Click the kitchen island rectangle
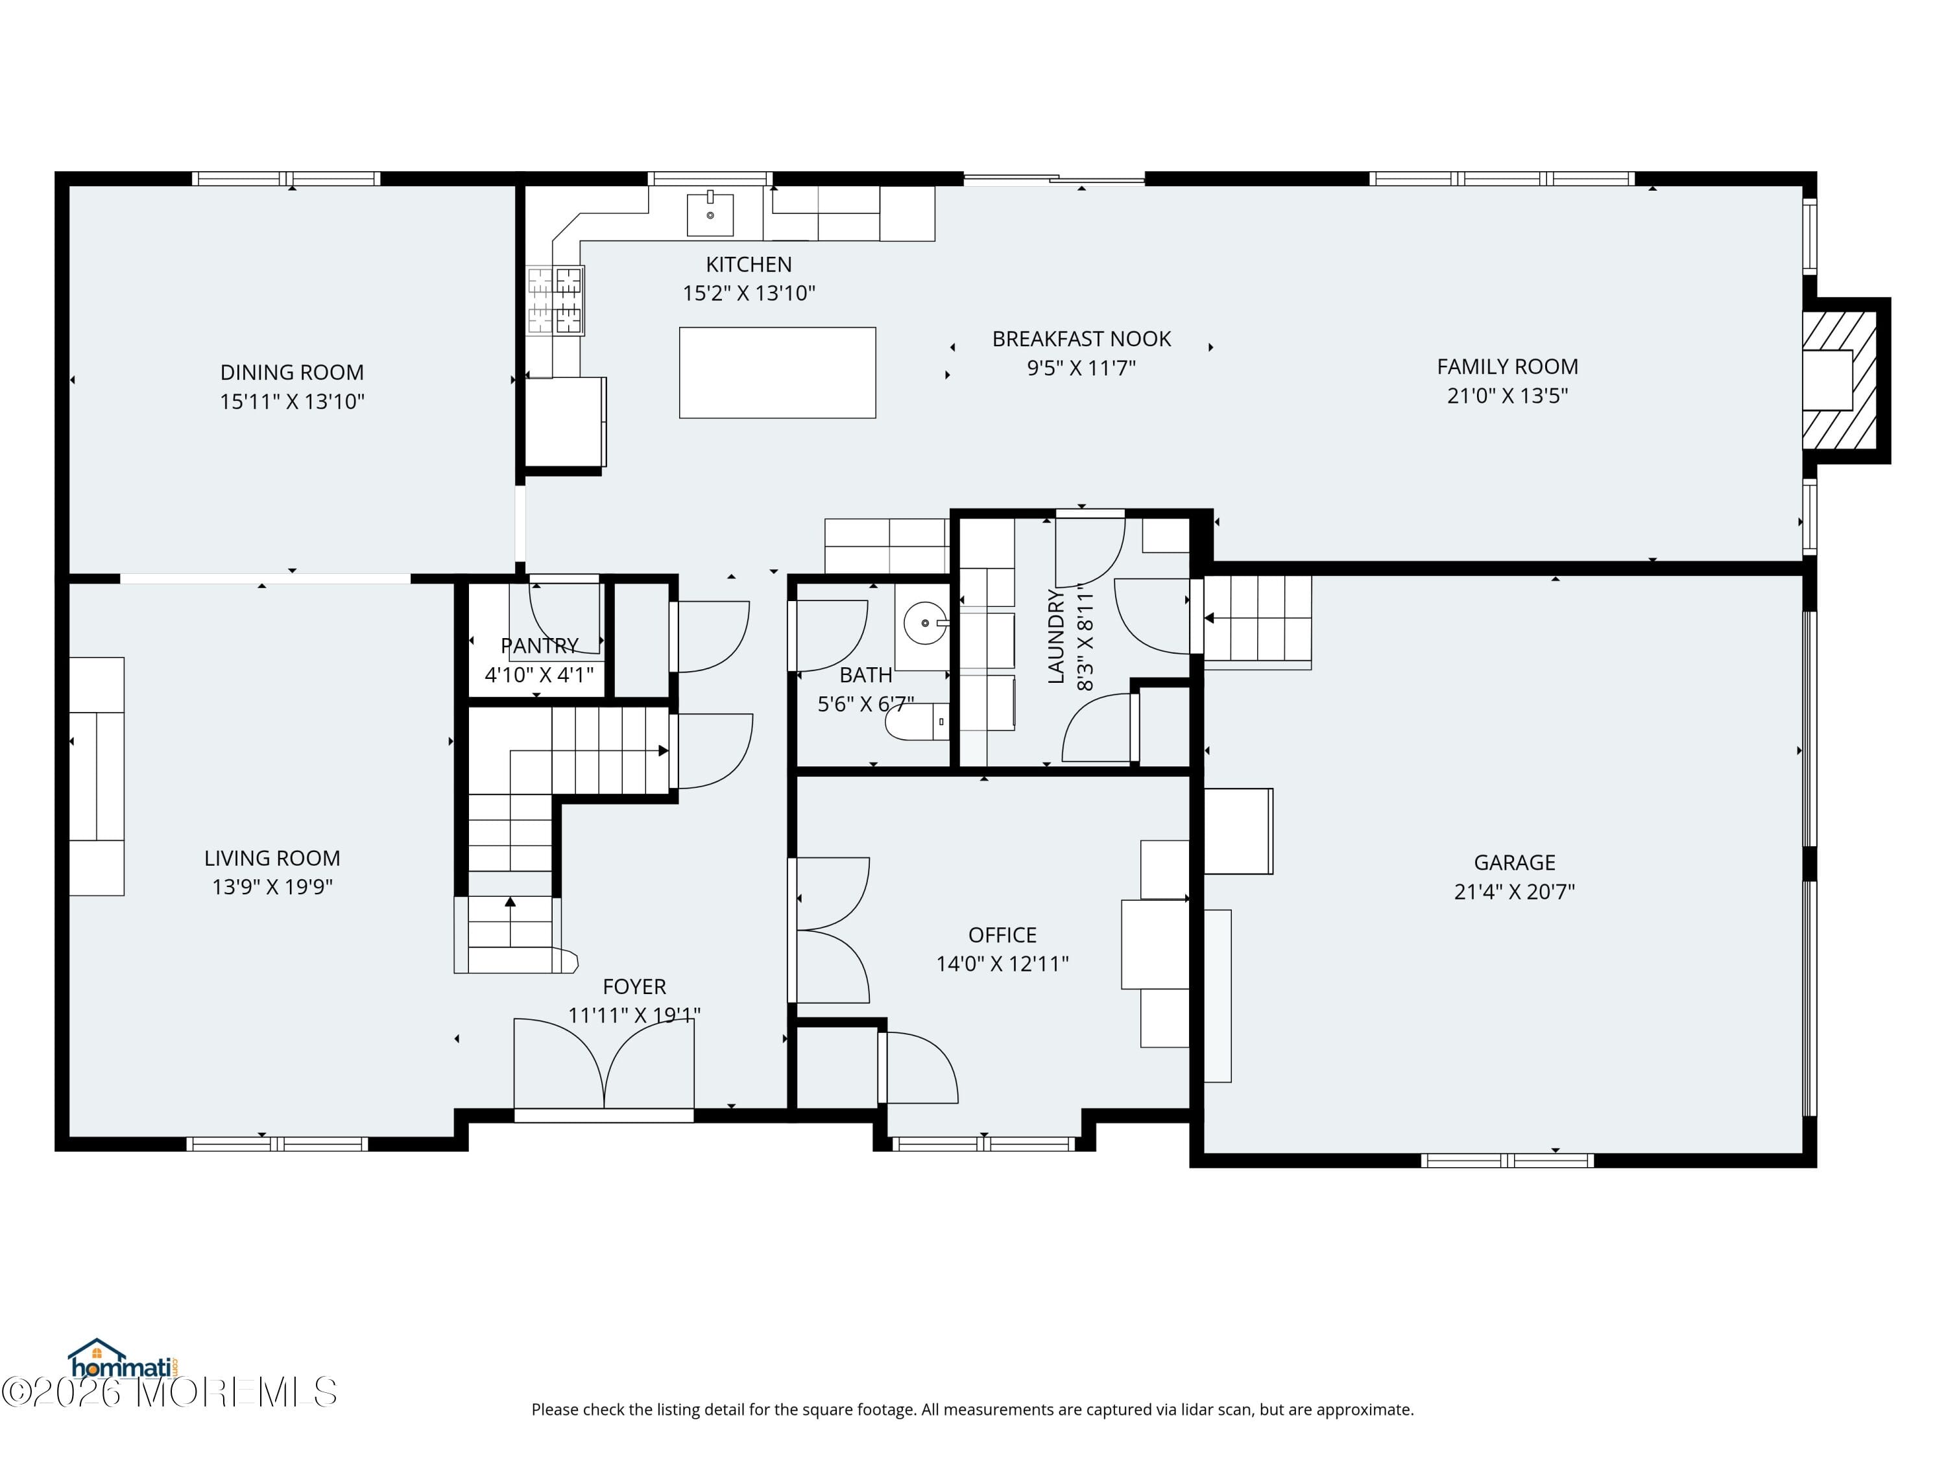point(777,372)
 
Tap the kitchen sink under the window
point(710,214)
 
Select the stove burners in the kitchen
point(555,301)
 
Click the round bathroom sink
point(926,624)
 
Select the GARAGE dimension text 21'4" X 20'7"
point(1515,892)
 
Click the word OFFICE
point(1002,935)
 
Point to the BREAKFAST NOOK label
point(1081,338)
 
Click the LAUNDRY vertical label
point(1057,636)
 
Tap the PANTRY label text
point(539,645)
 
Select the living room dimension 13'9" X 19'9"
point(272,886)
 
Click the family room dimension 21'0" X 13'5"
point(1508,396)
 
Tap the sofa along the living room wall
point(97,777)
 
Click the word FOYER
point(634,987)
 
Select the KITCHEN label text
point(749,265)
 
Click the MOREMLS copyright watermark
point(169,1392)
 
